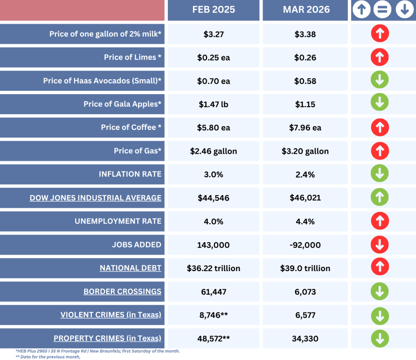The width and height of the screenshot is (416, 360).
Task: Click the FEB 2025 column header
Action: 213,10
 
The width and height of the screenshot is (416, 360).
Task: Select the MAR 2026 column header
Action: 306,10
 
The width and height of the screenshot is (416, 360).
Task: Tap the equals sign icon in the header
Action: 382,10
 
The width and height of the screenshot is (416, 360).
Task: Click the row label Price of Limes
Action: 132,57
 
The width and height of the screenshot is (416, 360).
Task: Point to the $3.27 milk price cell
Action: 214,34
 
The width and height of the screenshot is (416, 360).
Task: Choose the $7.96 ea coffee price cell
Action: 305,127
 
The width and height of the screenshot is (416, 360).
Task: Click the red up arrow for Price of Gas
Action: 380,151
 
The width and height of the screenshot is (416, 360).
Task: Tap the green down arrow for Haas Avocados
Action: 380,81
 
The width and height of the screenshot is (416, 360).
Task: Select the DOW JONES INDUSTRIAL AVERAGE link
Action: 95,198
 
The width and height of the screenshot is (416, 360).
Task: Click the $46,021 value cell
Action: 305,198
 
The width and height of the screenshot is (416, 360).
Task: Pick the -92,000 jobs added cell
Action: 305,245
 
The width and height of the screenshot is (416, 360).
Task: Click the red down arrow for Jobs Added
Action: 380,245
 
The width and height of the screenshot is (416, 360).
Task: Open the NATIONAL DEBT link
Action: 130,268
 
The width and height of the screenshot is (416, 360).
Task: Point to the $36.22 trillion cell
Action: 214,268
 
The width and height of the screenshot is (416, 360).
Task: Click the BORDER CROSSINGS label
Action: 122,291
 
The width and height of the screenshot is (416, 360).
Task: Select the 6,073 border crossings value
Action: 305,291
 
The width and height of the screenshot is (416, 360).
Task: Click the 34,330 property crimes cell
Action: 305,338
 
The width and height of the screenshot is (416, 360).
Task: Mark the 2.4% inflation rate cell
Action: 305,174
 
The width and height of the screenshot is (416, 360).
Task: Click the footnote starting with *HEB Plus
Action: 97,351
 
